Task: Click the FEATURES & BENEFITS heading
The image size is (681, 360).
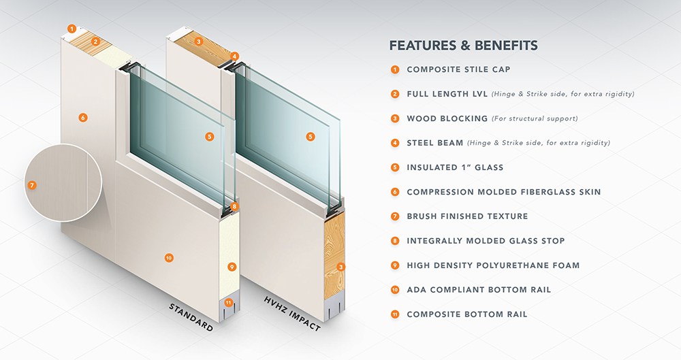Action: pos(463,46)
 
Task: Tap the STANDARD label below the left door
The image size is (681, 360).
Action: pos(191,318)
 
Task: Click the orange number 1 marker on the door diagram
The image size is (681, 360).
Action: pos(72,29)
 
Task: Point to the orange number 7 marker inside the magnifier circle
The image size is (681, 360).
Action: pos(31,184)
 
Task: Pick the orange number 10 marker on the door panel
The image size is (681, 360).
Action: pos(168,257)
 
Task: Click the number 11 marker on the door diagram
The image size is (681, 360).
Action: pos(228,302)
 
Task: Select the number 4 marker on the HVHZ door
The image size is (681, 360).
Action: pos(234,56)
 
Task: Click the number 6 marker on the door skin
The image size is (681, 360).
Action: pos(82,118)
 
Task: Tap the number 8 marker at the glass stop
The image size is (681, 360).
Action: pos(234,206)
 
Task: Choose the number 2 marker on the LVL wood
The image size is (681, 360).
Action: pos(97,42)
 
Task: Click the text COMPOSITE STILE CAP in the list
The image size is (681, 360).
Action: pos(458,69)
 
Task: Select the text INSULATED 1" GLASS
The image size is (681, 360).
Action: pos(455,167)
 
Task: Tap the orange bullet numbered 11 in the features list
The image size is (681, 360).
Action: pos(395,314)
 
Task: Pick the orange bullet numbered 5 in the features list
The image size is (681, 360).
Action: pos(395,167)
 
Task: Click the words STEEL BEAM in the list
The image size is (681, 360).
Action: pos(435,143)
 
